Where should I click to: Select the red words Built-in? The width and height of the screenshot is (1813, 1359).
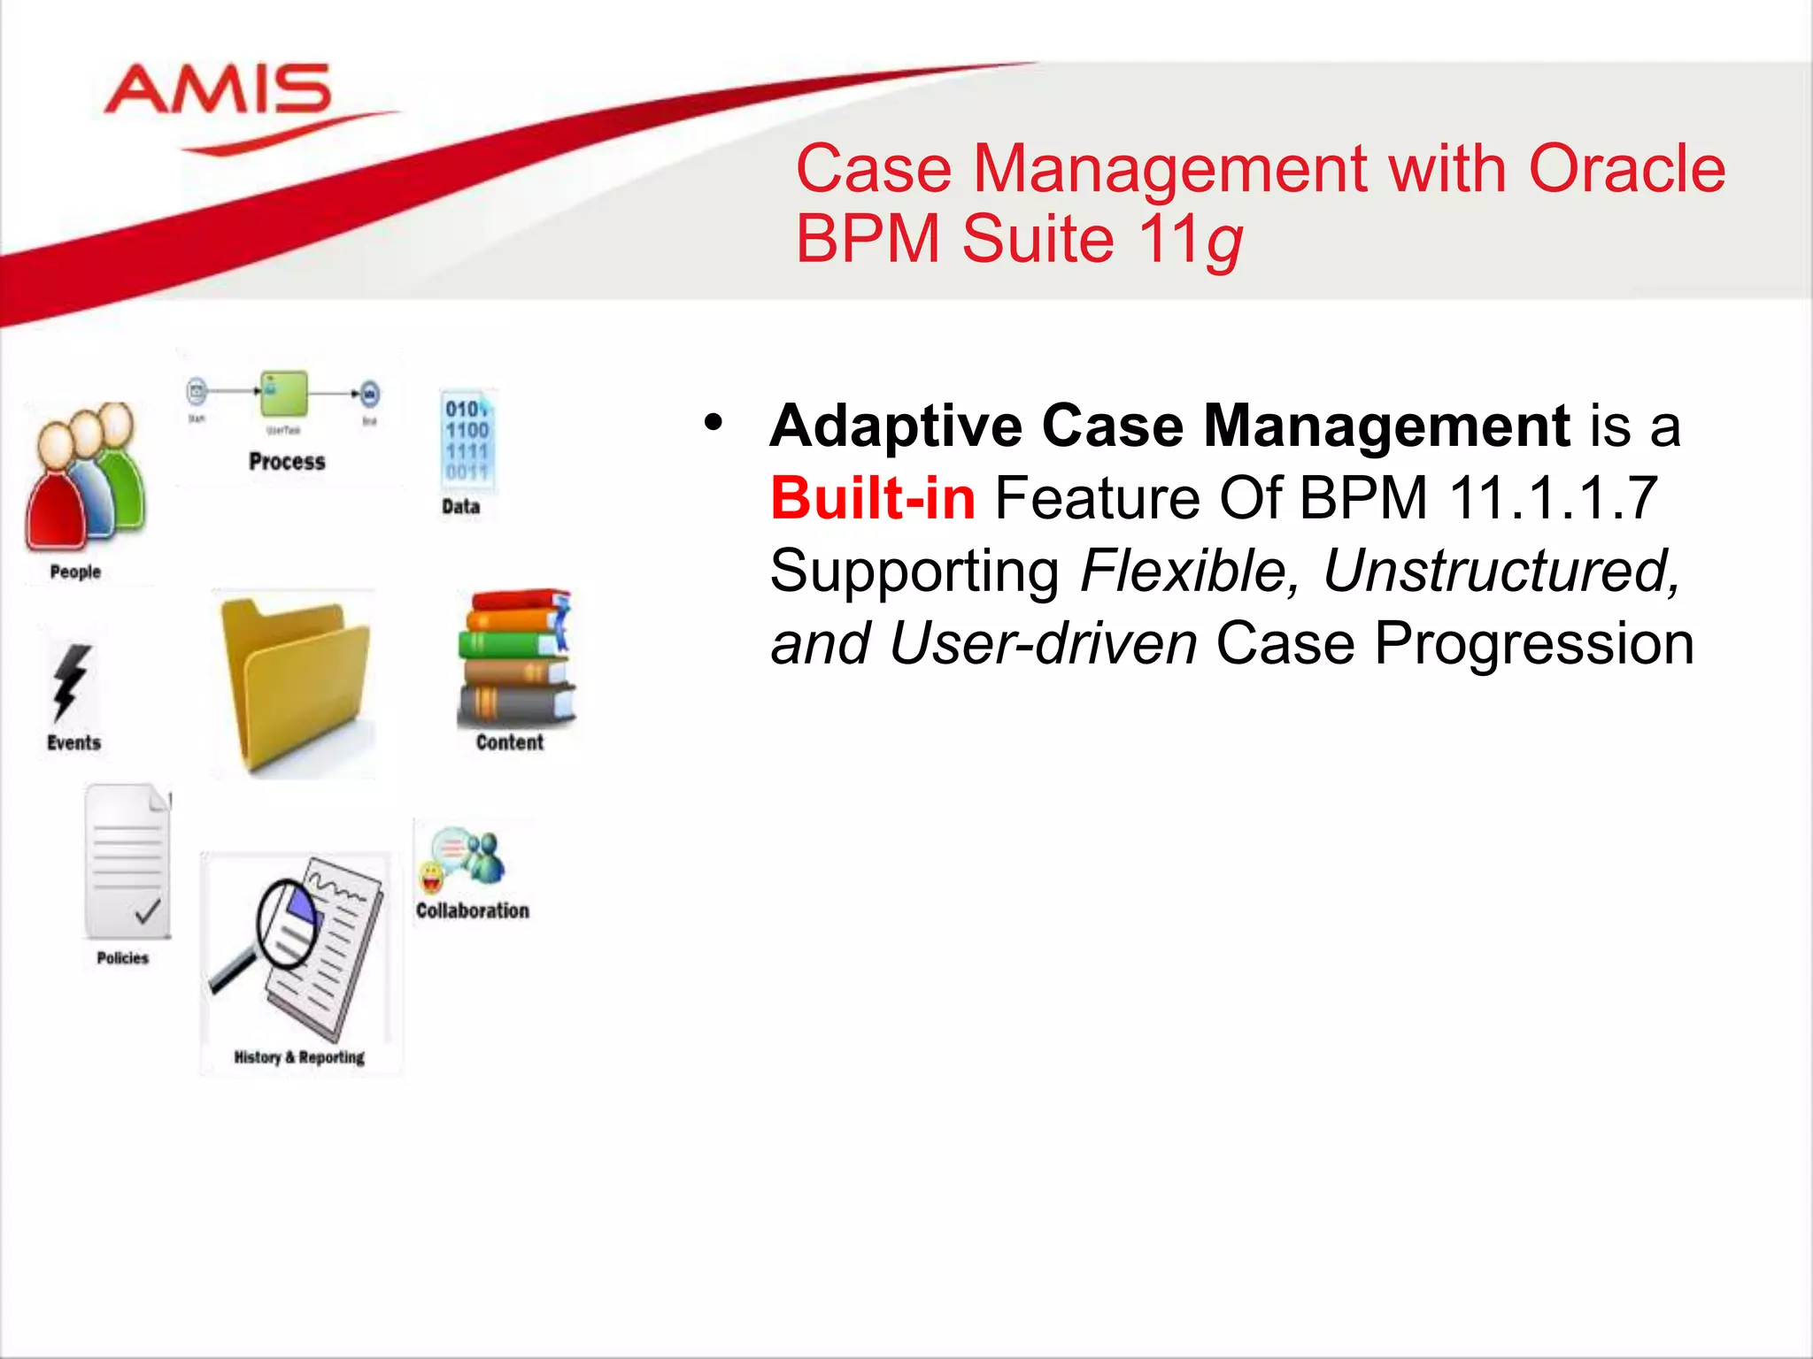click(x=873, y=498)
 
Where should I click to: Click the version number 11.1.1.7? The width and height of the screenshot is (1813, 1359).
click(x=1553, y=498)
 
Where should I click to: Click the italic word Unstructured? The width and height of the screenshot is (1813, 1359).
click(x=1501, y=571)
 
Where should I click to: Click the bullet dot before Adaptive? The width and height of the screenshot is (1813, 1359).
click(x=714, y=423)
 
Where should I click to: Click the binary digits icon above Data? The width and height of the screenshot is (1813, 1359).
click(x=467, y=440)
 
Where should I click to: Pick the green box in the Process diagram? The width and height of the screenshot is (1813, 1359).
click(x=284, y=393)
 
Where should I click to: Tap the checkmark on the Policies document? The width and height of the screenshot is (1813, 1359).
click(x=148, y=910)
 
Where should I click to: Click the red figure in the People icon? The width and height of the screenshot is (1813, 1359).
click(x=55, y=495)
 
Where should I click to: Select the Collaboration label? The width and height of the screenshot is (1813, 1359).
click(x=473, y=910)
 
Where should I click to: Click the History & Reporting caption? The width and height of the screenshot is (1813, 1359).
click(x=299, y=1057)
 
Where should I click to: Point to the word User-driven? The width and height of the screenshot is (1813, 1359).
click(x=1043, y=643)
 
